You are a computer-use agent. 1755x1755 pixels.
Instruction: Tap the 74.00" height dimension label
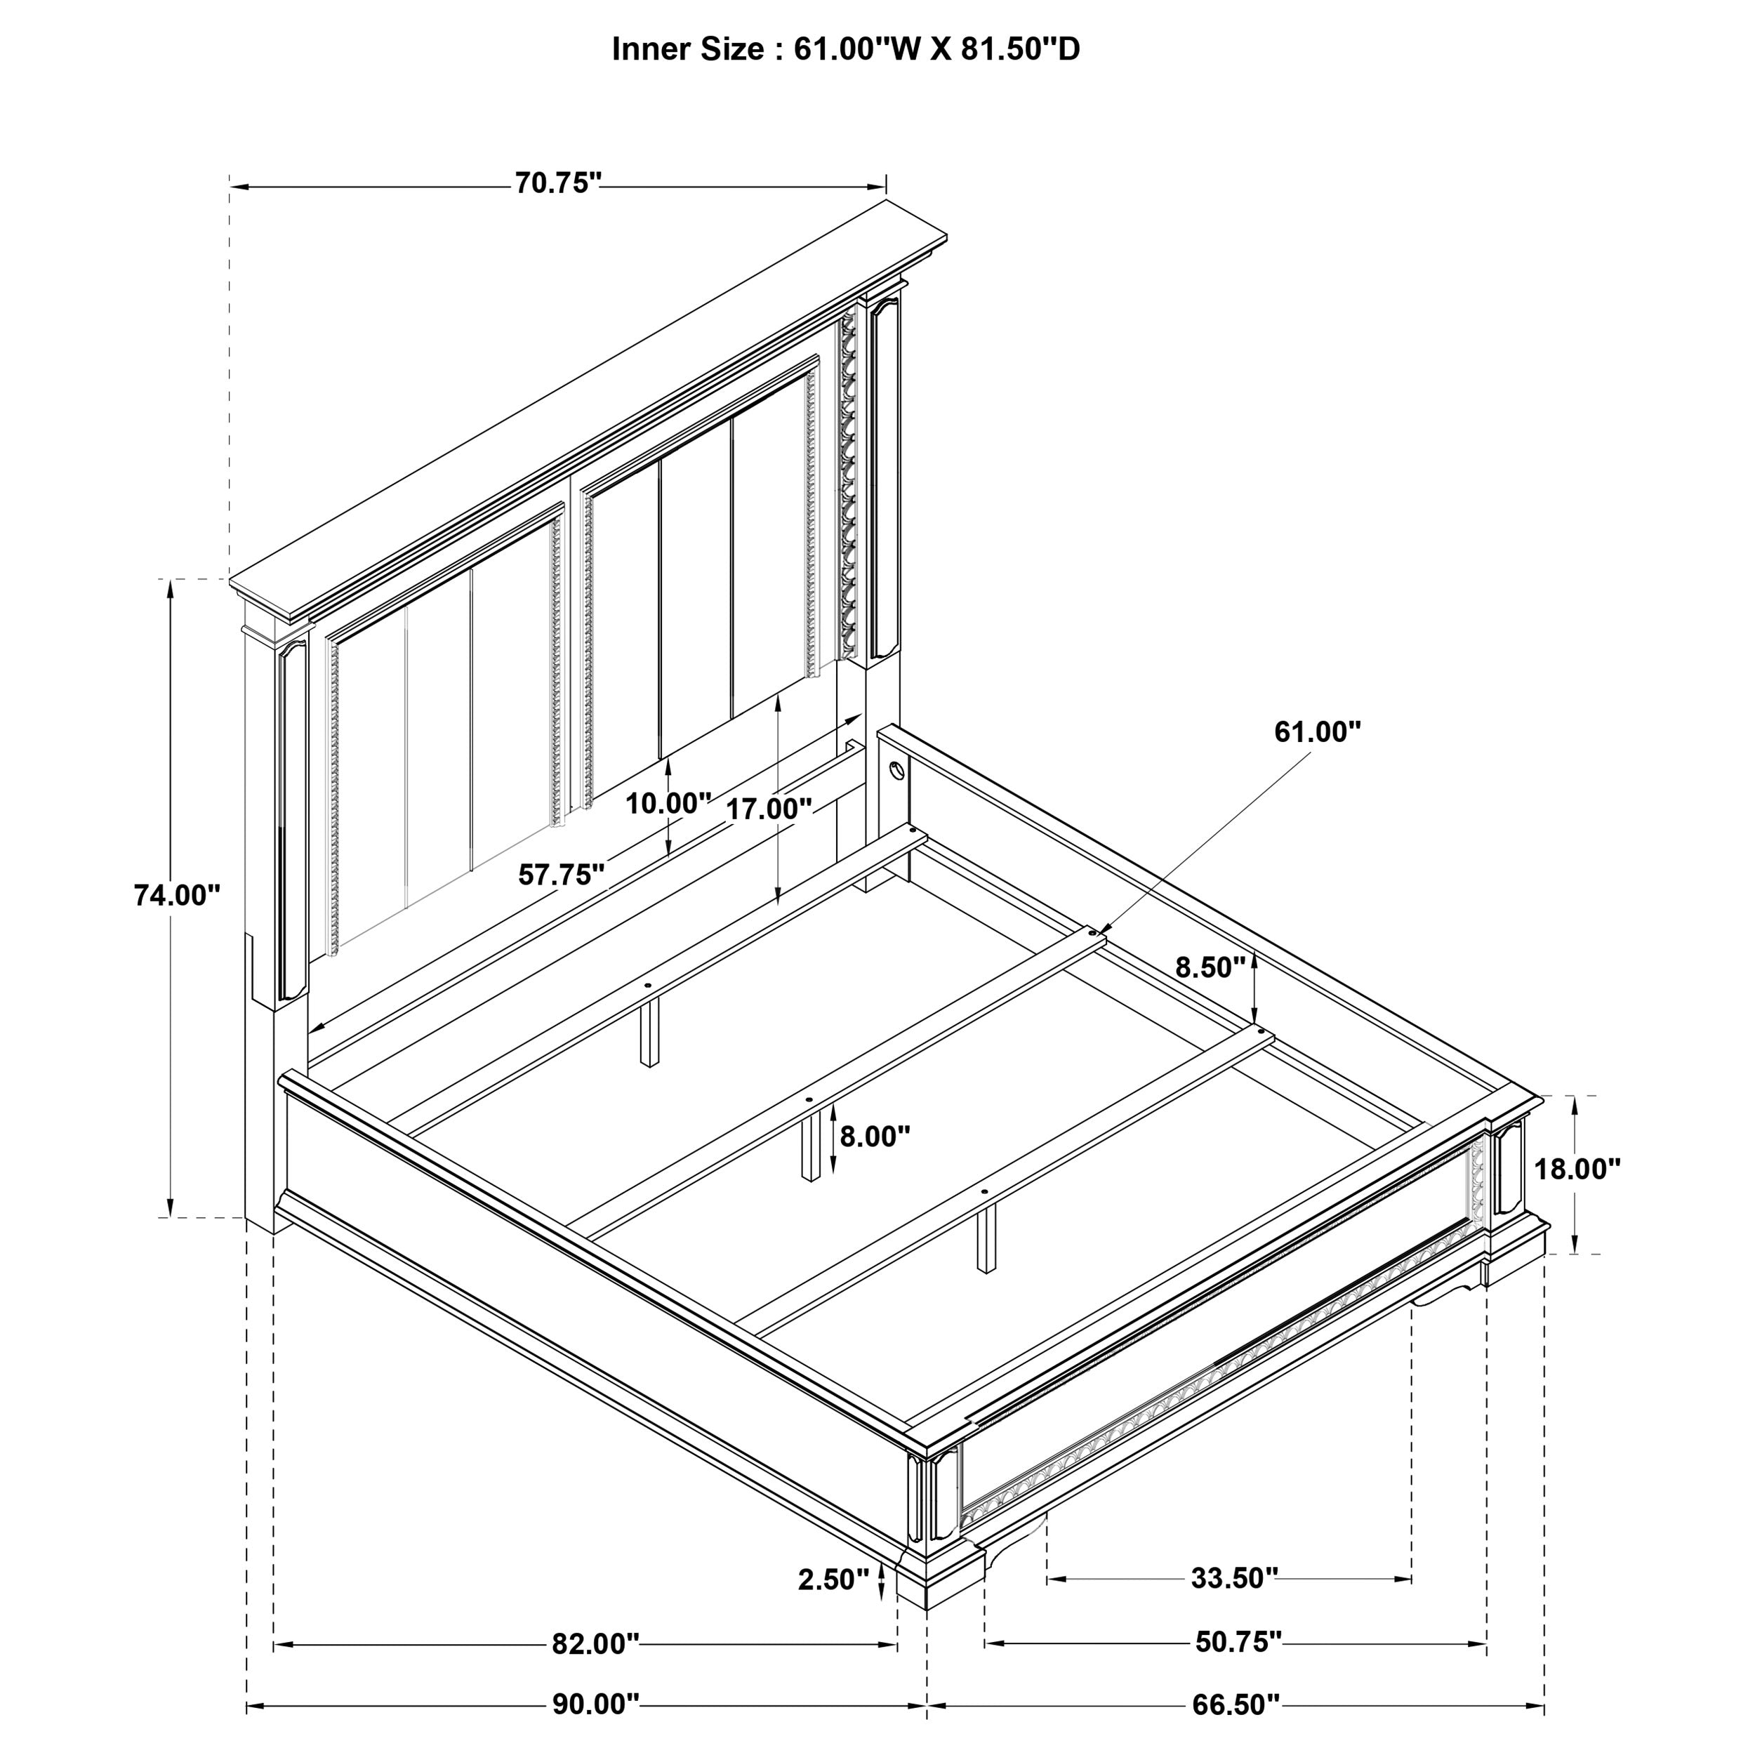[x=177, y=895]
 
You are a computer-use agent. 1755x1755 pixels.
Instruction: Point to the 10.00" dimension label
[x=668, y=803]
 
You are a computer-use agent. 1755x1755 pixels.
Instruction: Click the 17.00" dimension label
[x=769, y=809]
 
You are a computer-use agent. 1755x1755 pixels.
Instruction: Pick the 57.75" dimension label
[x=560, y=875]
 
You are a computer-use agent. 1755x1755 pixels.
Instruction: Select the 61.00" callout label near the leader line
[x=1317, y=731]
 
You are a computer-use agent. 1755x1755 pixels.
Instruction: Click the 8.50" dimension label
[x=1210, y=967]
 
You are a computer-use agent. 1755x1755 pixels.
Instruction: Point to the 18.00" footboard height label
[x=1577, y=1169]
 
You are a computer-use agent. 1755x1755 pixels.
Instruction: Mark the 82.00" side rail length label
[x=595, y=1643]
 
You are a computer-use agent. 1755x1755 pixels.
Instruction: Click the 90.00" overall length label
[x=596, y=1705]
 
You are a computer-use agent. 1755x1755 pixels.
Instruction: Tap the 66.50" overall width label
[x=1236, y=1705]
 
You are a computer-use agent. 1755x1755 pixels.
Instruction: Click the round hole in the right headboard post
[x=896, y=772]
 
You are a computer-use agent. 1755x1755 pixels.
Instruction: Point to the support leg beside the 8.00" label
[x=809, y=1146]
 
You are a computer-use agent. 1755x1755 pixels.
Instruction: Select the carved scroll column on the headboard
[x=849, y=482]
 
